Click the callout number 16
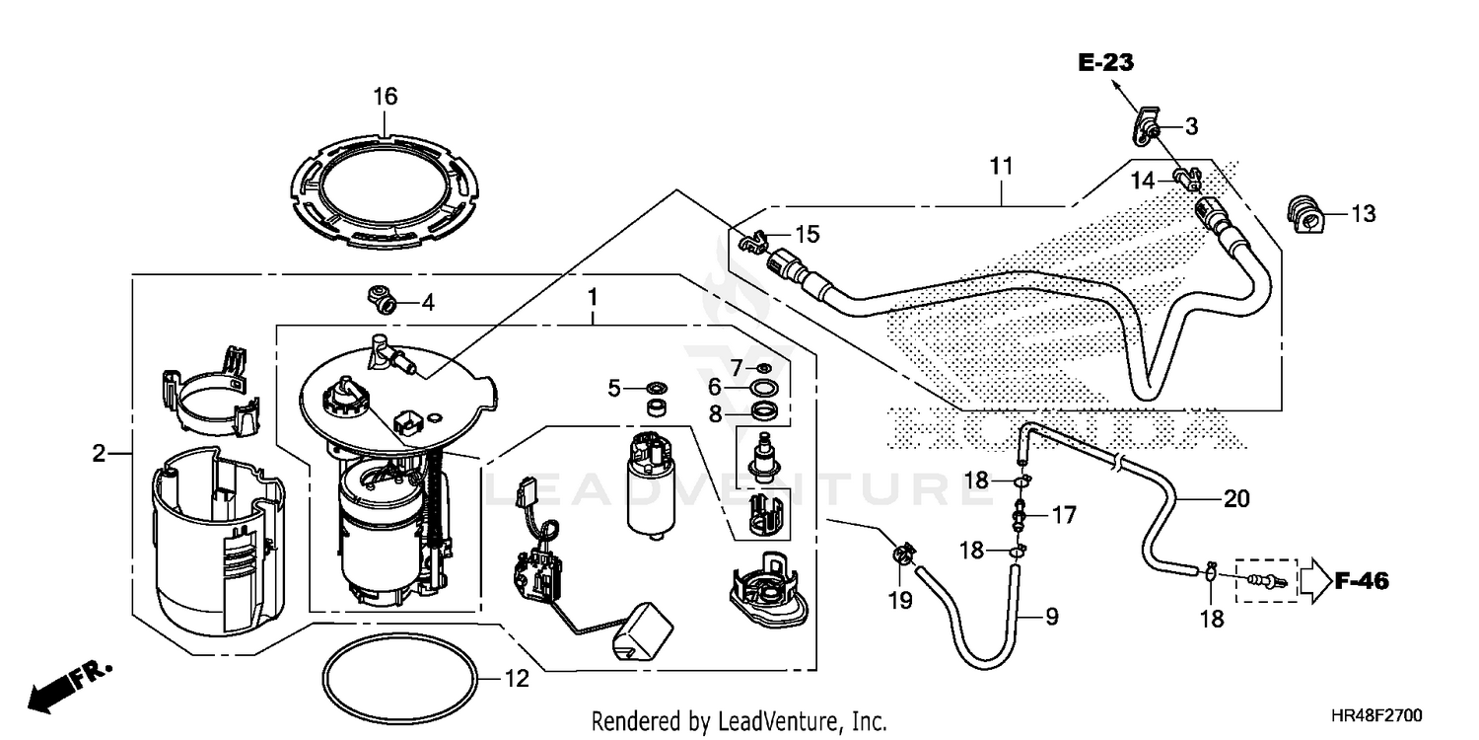tap(385, 97)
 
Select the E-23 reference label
tap(1105, 64)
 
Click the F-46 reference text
tap(1362, 582)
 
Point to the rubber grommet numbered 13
tap(1303, 213)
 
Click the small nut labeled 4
tap(382, 297)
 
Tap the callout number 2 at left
tap(99, 454)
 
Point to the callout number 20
tap(1235, 499)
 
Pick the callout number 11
tap(1002, 167)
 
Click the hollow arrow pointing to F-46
tap(1312, 582)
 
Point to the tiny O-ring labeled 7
tap(763, 368)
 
